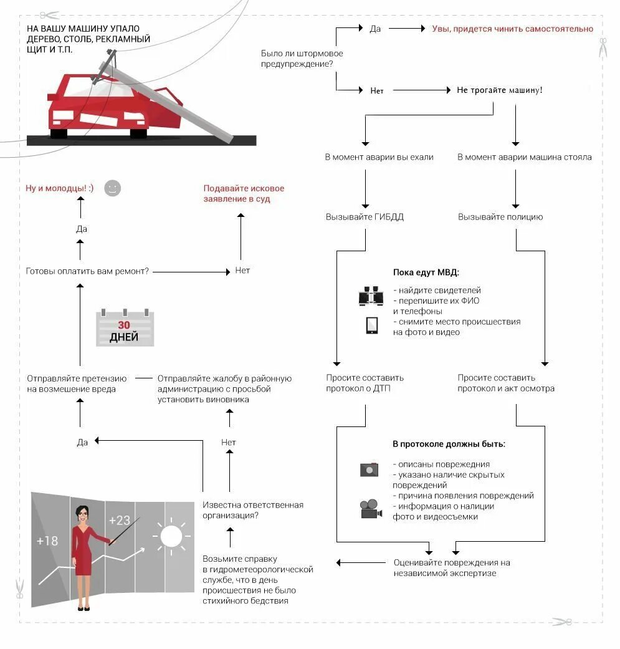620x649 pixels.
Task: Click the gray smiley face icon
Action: (112, 188)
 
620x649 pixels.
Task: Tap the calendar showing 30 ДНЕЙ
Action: (125, 328)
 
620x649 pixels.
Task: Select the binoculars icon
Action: (371, 296)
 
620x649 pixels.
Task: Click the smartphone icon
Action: (372, 325)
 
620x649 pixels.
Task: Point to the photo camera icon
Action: (369, 469)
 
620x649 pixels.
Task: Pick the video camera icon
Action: (371, 509)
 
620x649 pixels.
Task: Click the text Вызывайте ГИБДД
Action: (365, 217)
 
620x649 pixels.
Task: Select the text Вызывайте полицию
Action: (500, 217)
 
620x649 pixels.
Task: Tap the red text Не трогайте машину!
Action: (499, 90)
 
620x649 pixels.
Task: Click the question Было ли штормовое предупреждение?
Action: (302, 59)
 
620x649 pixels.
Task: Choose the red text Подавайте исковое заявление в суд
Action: (244, 193)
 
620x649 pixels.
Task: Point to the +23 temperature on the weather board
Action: (119, 520)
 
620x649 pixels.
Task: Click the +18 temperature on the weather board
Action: (47, 541)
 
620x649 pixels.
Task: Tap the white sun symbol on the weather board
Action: (171, 536)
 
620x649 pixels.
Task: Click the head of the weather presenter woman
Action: (82, 514)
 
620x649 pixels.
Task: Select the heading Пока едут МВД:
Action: (426, 272)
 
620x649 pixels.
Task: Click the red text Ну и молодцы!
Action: (59, 188)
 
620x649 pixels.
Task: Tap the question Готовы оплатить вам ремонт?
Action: (87, 271)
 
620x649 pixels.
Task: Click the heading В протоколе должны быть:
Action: (449, 445)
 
